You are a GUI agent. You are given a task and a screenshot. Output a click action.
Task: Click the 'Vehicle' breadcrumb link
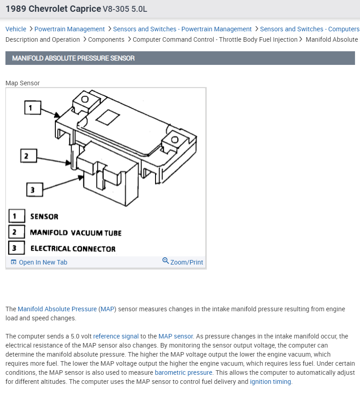[16, 29]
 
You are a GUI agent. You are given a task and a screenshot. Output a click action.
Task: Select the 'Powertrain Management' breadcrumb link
[69, 29]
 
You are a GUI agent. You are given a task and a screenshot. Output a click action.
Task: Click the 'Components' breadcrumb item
[106, 39]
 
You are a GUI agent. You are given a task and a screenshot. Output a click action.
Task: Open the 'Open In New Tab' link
[43, 262]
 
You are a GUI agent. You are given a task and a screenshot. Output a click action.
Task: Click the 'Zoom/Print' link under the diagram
[186, 262]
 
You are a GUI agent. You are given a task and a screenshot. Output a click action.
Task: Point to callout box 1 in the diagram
[31, 108]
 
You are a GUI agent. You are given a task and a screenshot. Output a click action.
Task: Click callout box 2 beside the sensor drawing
[26, 156]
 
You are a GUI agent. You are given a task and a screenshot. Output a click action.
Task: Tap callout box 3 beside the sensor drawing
[33, 190]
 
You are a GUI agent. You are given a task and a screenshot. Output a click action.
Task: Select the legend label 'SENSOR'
[44, 217]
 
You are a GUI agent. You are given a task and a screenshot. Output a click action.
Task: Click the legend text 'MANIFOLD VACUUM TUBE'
[76, 233]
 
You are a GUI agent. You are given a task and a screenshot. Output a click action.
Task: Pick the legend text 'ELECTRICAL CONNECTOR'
[73, 249]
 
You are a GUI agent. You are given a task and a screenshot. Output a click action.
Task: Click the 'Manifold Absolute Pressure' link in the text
[57, 309]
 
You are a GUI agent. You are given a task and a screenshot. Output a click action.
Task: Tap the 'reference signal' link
[116, 336]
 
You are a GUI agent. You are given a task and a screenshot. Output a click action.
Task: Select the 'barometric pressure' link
[183, 373]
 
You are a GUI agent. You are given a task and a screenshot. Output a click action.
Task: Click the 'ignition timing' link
[270, 382]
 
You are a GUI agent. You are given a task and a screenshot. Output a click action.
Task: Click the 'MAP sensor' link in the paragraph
[175, 336]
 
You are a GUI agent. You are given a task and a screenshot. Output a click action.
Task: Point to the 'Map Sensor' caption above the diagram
[23, 83]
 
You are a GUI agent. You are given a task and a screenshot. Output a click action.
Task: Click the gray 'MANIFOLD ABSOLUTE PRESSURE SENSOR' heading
[73, 58]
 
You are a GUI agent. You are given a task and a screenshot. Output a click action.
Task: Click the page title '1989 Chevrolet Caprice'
[53, 9]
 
